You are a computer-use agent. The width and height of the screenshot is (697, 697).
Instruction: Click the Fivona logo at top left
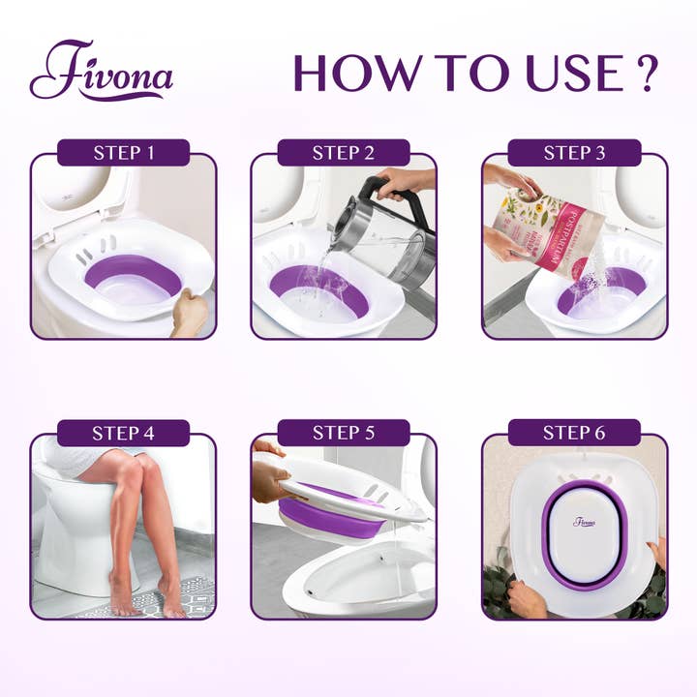tap(101, 71)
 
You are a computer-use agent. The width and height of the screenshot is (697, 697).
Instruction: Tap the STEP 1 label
tap(123, 153)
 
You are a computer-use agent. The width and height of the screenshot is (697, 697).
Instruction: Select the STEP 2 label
tap(343, 153)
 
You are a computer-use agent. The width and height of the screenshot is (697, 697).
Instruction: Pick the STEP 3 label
tap(574, 153)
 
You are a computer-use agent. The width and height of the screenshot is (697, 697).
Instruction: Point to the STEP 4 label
tap(123, 433)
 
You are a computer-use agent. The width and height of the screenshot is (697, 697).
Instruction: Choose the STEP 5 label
tap(343, 433)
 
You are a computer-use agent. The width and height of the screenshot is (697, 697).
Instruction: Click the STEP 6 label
tap(574, 433)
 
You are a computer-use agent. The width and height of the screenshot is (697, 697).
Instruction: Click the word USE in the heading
tap(570, 73)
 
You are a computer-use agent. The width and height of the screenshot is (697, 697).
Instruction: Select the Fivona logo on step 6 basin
tap(584, 522)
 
